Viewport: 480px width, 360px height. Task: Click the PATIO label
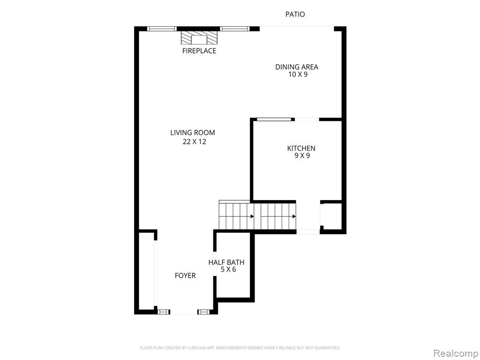(x=295, y=15)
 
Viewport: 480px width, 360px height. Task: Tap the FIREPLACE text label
(x=199, y=51)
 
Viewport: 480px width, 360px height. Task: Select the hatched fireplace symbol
(x=199, y=37)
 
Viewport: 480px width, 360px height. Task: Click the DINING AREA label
(x=297, y=67)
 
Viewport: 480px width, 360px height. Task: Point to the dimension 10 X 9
(x=298, y=75)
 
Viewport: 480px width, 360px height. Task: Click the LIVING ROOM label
(x=193, y=133)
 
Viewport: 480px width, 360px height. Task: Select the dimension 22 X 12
(x=195, y=142)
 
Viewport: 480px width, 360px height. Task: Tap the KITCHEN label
(x=301, y=149)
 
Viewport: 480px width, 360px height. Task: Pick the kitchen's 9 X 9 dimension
(x=302, y=156)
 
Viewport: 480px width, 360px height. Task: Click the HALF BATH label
(x=226, y=262)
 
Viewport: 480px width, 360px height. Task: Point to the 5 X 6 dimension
(x=228, y=270)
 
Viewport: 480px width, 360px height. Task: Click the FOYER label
(x=185, y=276)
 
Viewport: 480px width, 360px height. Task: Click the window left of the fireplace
(x=162, y=29)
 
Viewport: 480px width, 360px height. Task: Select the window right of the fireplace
(x=235, y=29)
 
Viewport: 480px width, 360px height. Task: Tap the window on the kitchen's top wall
(x=274, y=120)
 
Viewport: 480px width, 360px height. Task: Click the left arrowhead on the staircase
(x=252, y=217)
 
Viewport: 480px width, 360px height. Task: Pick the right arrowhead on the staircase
(x=294, y=217)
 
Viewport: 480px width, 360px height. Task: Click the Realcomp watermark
(x=456, y=353)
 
